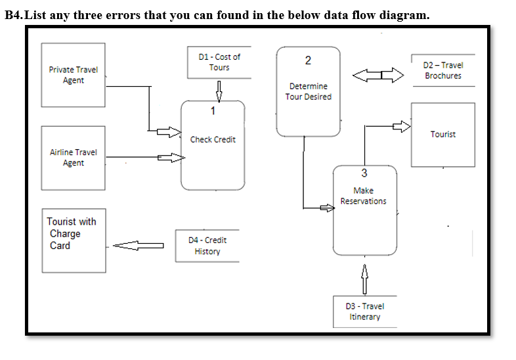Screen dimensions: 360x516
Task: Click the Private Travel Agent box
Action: point(73,75)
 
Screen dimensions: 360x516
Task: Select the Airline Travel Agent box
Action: point(73,158)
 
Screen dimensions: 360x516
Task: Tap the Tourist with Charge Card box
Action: point(73,240)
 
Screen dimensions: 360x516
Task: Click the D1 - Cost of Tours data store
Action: point(219,62)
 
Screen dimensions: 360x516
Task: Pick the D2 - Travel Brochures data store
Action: point(442,70)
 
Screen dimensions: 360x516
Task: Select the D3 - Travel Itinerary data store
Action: point(364,311)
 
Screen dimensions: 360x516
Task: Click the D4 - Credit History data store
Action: point(207,246)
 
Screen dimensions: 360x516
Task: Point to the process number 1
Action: point(213,110)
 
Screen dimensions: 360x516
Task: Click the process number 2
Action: point(308,61)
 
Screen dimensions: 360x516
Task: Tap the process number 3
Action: point(364,173)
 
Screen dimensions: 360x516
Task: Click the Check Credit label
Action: point(213,139)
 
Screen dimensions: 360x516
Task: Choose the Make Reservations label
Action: point(364,196)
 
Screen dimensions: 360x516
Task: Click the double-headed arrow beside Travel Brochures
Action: point(378,76)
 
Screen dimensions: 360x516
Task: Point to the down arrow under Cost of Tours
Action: point(219,90)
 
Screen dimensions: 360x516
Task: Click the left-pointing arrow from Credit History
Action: point(138,245)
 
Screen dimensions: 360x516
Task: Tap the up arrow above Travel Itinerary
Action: point(364,279)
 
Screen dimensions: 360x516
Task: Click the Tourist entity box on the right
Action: point(442,135)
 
